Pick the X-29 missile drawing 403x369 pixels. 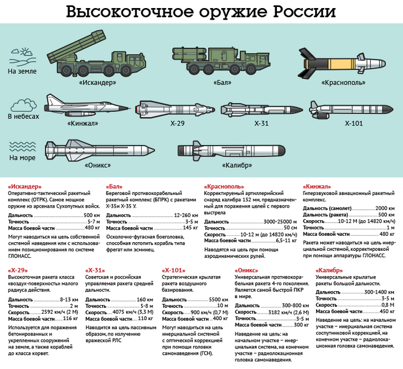170,108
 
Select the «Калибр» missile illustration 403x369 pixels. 230,152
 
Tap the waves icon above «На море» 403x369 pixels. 22,145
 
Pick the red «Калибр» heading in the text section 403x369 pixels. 329,270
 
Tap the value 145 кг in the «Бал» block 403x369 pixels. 186,228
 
